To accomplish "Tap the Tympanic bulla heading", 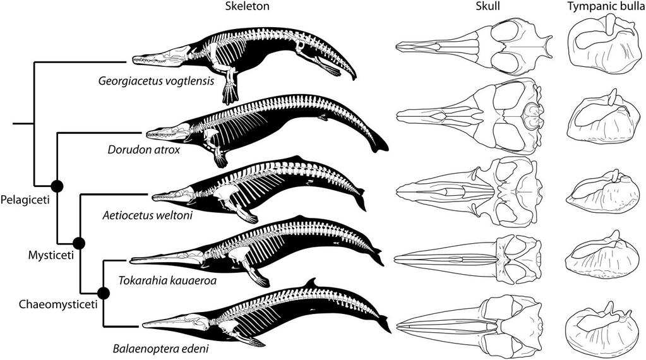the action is point(601,6).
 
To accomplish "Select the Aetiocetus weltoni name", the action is point(148,215).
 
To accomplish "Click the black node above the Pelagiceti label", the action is point(57,185).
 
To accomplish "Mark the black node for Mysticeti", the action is point(79,243).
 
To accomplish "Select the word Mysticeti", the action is point(47,256).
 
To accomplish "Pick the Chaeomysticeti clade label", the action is point(49,306).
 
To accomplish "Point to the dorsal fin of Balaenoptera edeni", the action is point(309,282).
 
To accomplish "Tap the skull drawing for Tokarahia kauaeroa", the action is point(471,259).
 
